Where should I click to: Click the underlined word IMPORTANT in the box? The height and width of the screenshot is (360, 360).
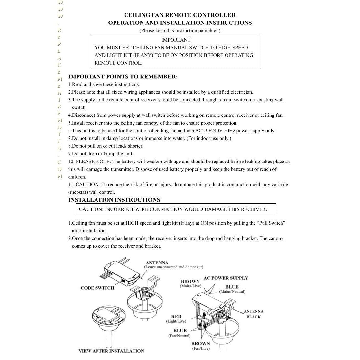tap(176, 40)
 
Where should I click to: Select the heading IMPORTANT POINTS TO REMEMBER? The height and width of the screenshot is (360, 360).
tap(123, 77)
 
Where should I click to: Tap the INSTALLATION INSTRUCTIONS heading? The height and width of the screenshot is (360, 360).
tap(114, 200)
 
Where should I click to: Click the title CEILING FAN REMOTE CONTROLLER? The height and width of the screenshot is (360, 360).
tap(180, 15)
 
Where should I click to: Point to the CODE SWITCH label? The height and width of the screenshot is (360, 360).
tap(97, 288)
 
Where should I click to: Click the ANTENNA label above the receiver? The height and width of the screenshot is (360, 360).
tap(157, 263)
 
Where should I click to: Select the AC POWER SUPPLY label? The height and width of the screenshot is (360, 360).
tap(226, 278)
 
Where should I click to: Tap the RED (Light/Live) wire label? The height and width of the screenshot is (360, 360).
tap(176, 317)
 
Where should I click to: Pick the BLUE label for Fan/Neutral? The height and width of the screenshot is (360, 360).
tap(180, 330)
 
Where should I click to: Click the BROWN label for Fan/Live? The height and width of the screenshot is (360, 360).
tap(200, 343)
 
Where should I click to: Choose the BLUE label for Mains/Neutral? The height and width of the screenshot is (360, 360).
tap(232, 287)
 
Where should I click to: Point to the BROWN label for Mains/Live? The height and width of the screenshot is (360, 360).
tap(190, 282)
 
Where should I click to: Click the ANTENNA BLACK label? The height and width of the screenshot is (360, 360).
tap(254, 314)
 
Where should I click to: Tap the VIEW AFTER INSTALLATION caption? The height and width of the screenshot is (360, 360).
tap(111, 351)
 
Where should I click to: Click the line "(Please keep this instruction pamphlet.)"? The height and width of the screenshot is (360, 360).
tap(180, 31)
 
